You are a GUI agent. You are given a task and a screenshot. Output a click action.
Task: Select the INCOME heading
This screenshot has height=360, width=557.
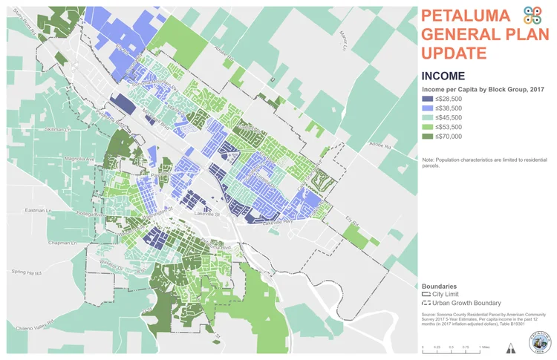(443, 76)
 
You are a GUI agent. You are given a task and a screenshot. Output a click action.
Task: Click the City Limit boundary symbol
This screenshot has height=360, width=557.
(428, 295)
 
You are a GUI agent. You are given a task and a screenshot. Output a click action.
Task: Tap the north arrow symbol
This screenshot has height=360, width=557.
(509, 348)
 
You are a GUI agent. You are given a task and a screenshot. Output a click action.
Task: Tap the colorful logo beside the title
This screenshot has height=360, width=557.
(532, 16)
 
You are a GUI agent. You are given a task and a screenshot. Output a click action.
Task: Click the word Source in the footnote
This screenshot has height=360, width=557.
(430, 315)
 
